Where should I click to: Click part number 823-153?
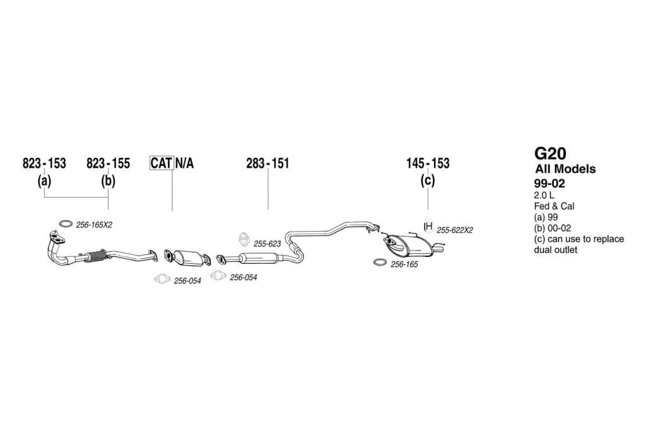[44, 163]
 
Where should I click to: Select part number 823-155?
[108, 163]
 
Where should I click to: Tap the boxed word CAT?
[161, 163]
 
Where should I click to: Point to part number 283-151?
[267, 163]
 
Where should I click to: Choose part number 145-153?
[428, 163]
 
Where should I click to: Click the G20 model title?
[550, 154]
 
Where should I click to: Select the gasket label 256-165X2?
[94, 225]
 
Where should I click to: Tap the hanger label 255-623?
[267, 244]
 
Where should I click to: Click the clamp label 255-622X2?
[454, 230]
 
